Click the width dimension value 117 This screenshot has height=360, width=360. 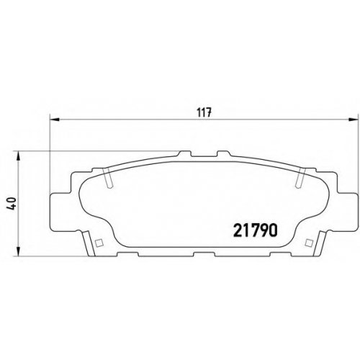pyautogui.click(x=204, y=113)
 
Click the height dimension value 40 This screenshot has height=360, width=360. pyautogui.click(x=12, y=203)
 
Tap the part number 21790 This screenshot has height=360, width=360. pyautogui.click(x=256, y=230)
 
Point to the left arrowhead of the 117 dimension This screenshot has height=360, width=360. pyautogui.click(x=54, y=120)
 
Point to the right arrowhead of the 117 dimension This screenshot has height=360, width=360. pyautogui.click(x=352, y=120)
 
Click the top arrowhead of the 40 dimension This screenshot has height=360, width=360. pyautogui.click(x=18, y=156)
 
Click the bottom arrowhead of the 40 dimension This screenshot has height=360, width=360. pyautogui.click(x=18, y=251)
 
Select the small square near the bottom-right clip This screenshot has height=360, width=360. pyautogui.click(x=308, y=243)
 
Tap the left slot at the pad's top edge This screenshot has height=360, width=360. pyautogui.click(x=107, y=178)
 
